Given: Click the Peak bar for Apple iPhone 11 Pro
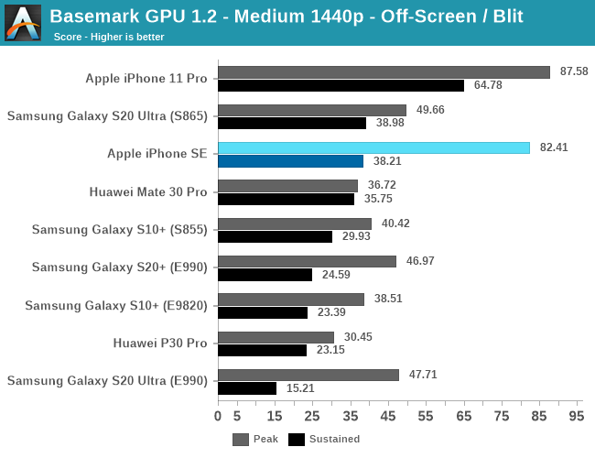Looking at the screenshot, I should tap(384, 71).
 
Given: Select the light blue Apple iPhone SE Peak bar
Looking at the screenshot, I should tap(373, 147).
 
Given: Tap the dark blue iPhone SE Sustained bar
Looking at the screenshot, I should tap(290, 161).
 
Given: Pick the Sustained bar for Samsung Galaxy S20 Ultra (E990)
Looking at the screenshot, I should tap(247, 388).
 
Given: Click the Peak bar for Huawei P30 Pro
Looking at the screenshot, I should tap(276, 337).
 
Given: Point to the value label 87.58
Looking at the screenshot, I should tap(573, 71).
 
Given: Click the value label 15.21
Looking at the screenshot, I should tap(299, 388).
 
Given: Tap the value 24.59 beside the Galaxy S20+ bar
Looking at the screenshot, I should tap(335, 275).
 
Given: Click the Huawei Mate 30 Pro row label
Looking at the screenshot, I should tap(148, 192).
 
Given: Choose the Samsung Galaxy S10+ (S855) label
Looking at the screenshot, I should tap(119, 230).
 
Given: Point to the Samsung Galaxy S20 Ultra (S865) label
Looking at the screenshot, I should tap(107, 116).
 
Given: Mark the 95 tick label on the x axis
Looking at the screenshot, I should tap(576, 416).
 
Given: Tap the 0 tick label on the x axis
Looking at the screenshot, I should tap(218, 416).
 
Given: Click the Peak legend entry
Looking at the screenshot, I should tap(256, 439).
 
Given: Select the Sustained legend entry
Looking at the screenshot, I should tap(324, 439).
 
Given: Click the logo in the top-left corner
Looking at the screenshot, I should tap(22, 22).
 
